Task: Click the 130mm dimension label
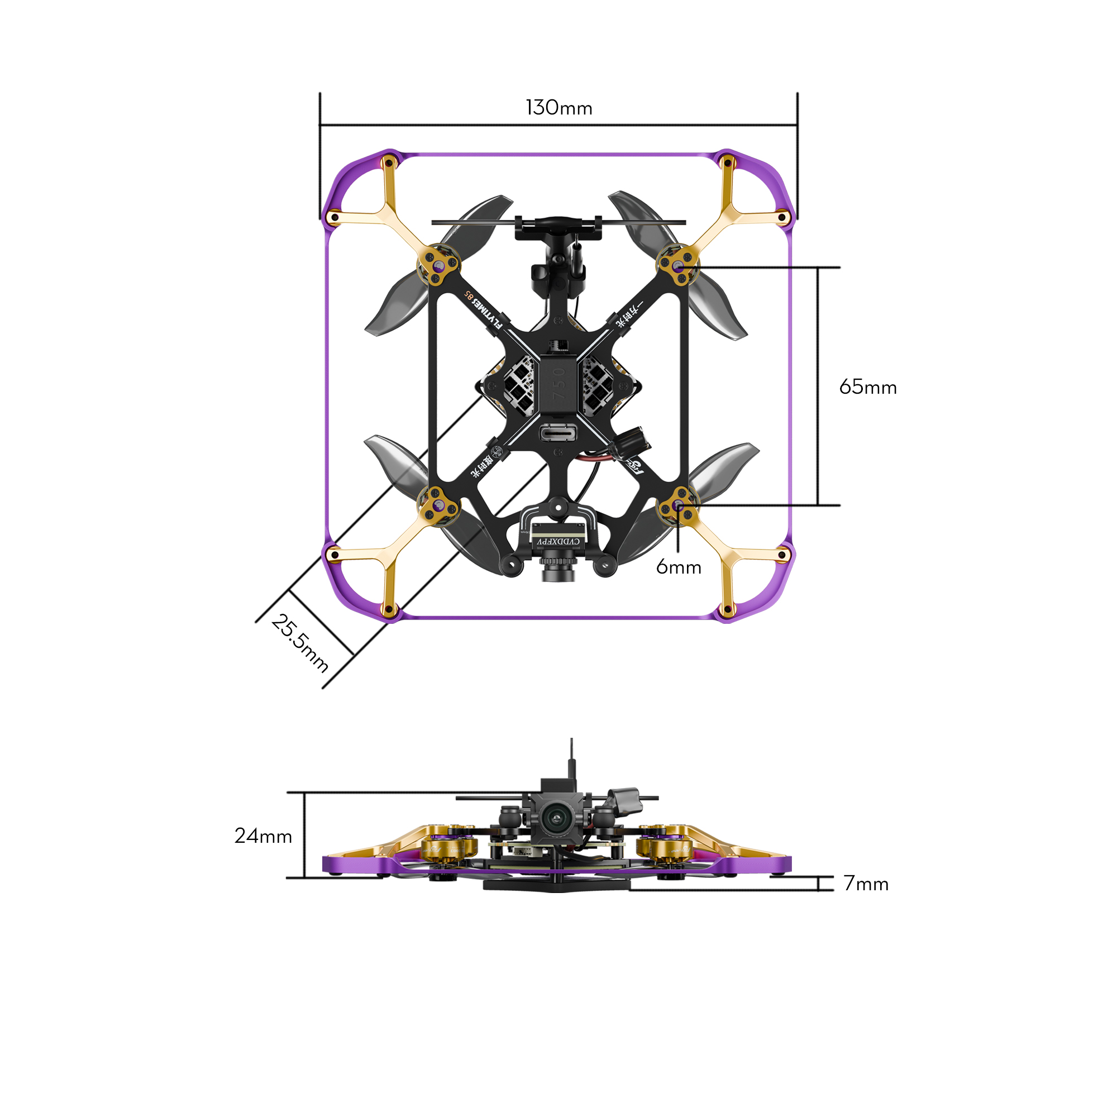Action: click(558, 108)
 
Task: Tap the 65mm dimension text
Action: click(867, 388)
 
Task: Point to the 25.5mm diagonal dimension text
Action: click(299, 643)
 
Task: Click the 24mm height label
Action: click(263, 836)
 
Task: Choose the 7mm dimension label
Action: click(866, 884)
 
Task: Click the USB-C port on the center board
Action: click(558, 432)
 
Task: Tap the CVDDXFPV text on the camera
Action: click(558, 541)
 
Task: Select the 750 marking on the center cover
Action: click(558, 384)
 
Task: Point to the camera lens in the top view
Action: click(558, 572)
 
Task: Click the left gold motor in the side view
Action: click(449, 848)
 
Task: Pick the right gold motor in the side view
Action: click(663, 848)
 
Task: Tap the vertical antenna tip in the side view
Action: click(571, 741)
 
